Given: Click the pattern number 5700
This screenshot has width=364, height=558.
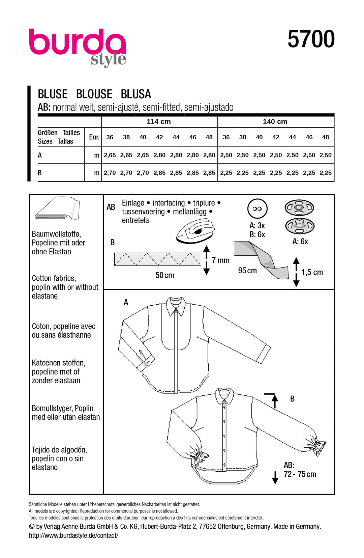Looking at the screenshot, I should point(311,39).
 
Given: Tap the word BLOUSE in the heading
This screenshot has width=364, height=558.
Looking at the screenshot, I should point(94,94).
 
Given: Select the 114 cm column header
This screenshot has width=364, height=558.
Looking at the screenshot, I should point(159,122).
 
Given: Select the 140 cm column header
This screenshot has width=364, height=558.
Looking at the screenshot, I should point(275,122).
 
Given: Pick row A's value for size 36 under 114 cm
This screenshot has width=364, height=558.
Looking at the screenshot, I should point(110,155).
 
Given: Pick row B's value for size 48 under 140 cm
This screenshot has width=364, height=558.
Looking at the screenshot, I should point(325,173).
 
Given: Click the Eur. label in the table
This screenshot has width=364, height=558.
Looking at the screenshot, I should point(94,137).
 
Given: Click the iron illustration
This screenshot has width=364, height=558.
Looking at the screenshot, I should point(195,231).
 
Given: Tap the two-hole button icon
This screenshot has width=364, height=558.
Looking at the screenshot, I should point(257,208).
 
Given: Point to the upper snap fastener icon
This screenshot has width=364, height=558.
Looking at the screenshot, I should point(299,207).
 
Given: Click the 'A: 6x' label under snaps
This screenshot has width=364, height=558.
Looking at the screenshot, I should point(300,242).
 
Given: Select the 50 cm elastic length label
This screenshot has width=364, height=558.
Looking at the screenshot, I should point(164,275).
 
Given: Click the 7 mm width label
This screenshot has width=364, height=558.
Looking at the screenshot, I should point(220,260).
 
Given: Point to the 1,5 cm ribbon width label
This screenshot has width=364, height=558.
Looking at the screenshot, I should point(312,272).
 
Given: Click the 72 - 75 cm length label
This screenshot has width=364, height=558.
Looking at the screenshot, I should point(300,474).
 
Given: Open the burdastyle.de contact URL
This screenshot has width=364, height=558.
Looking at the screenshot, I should point(73,535).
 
